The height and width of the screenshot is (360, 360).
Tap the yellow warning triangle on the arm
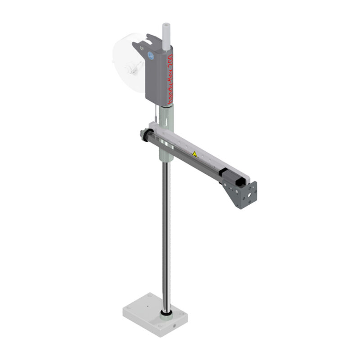195,154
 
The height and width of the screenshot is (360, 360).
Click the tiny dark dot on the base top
147,305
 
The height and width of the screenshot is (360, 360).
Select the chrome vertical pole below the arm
166,234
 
